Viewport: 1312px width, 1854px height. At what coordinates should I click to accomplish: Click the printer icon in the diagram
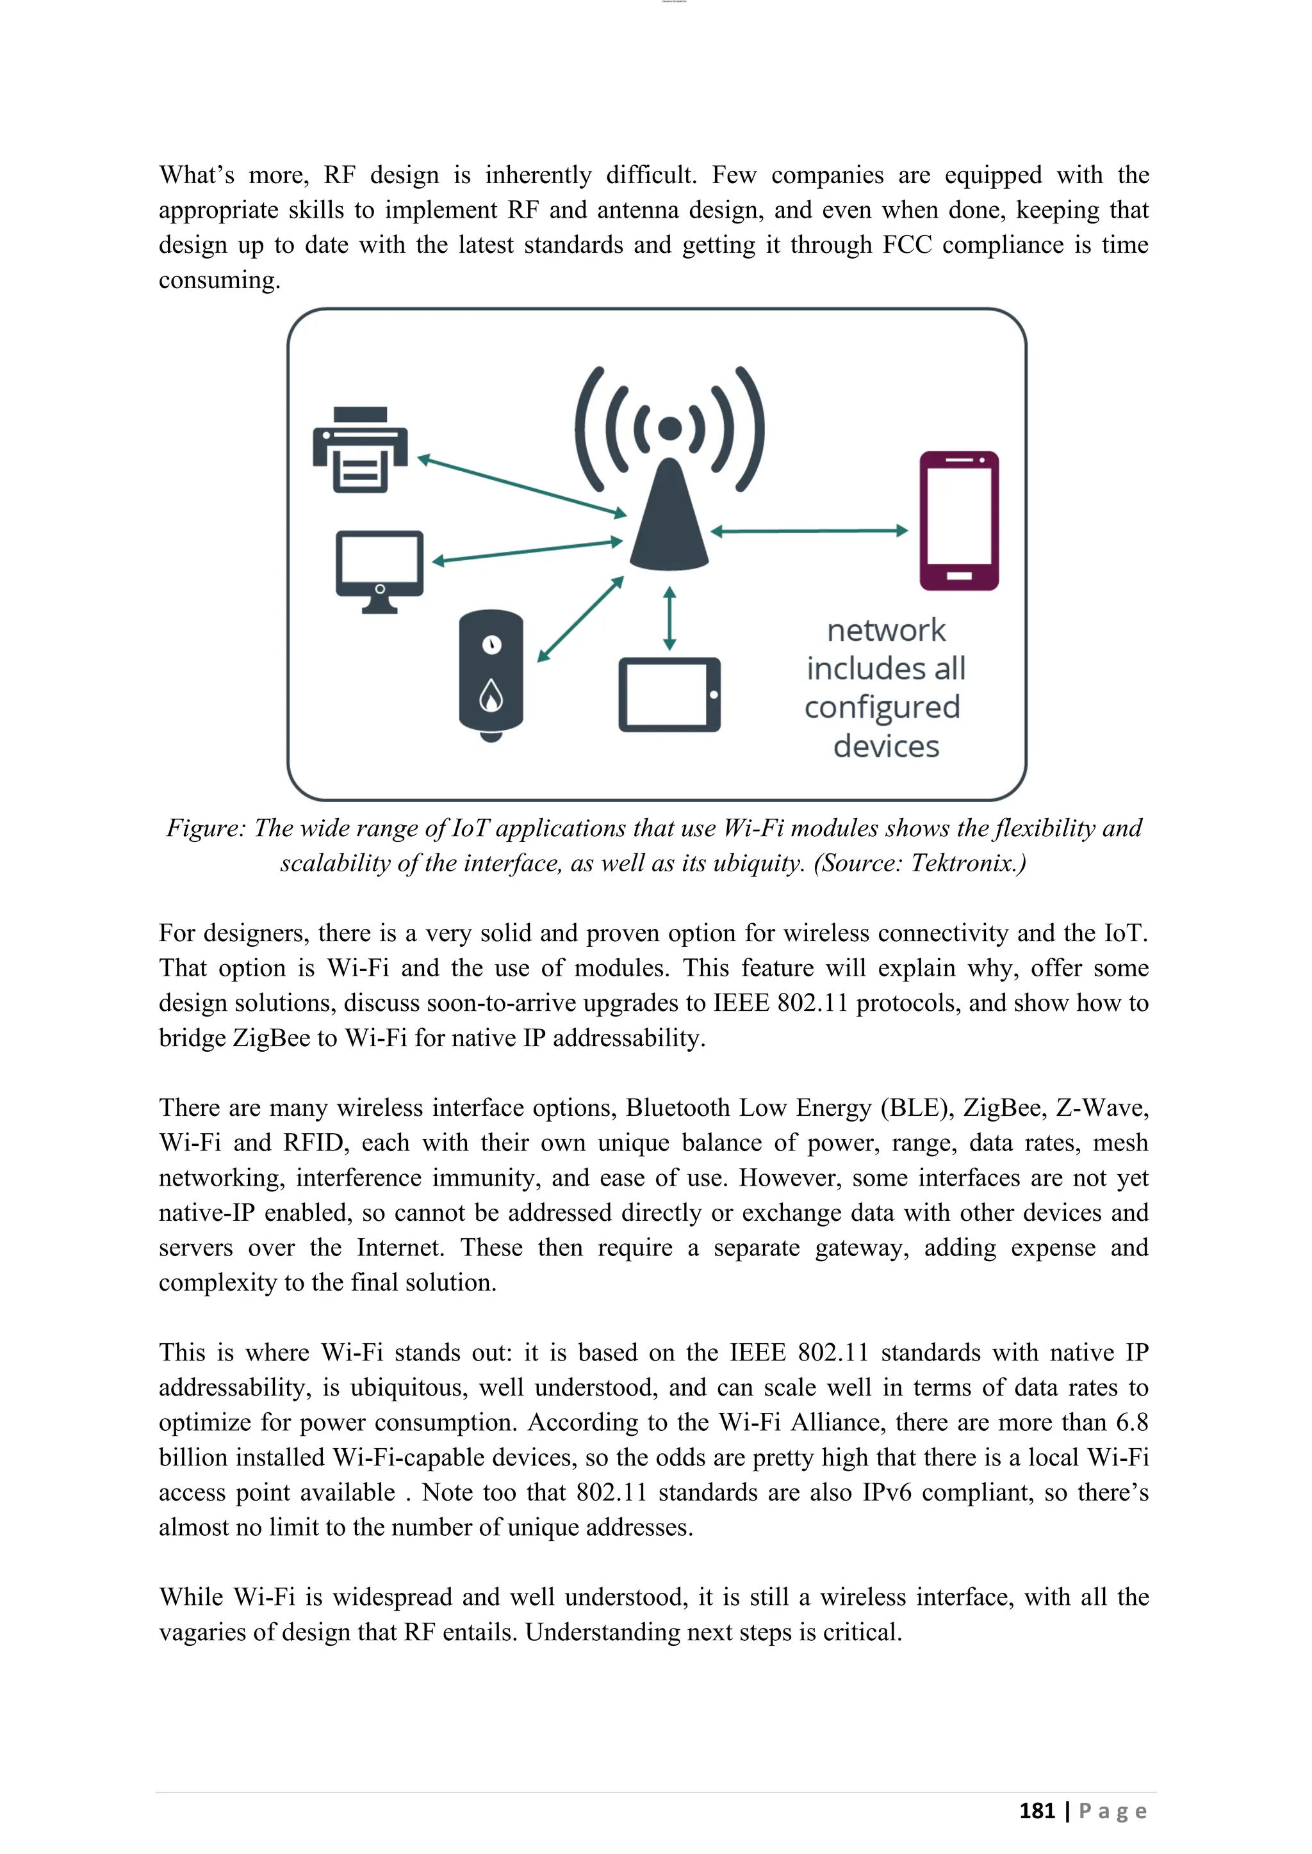click(x=360, y=450)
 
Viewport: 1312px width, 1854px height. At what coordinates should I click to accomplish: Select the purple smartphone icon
click(x=959, y=521)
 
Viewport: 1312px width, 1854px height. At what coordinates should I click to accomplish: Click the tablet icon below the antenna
click(x=669, y=695)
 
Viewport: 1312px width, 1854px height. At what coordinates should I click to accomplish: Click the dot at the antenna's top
click(x=669, y=429)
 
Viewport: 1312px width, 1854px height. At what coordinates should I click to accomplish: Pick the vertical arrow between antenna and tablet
click(x=669, y=618)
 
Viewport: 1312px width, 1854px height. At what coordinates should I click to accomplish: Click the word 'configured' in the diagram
click(x=882, y=707)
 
